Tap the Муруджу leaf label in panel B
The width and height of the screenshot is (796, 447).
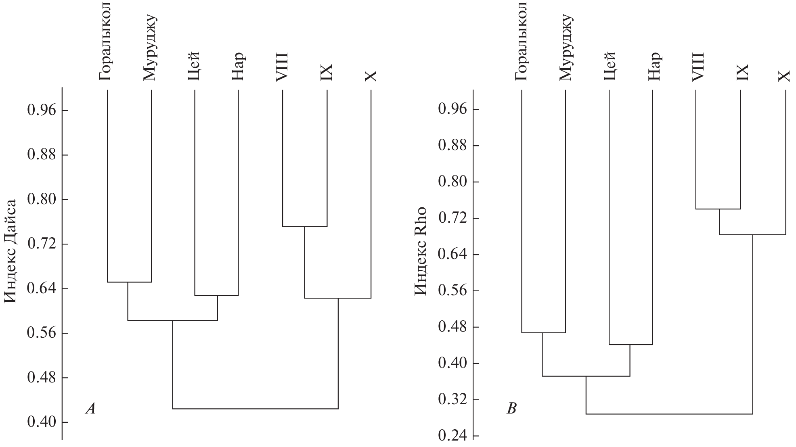click(566, 47)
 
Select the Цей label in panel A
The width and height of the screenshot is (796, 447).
click(194, 66)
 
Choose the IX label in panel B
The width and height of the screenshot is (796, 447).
click(742, 72)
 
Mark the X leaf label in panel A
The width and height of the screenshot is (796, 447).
click(371, 76)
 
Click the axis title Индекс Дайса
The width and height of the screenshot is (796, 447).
click(10, 251)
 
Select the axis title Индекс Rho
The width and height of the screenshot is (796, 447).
click(421, 251)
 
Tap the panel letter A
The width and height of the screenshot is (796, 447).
click(91, 409)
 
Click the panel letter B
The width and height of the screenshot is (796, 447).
click(511, 409)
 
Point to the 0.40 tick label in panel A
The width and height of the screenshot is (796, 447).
click(41, 422)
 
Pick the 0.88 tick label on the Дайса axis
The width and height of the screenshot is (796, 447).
click(41, 155)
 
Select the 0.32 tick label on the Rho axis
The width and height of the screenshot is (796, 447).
click(452, 400)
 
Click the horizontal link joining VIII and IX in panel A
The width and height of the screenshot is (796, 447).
click(304, 227)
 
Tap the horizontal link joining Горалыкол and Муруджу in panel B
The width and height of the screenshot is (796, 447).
click(543, 333)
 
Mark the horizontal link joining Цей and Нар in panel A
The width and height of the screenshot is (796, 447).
click(216, 296)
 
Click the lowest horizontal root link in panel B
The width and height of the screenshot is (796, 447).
click(669, 414)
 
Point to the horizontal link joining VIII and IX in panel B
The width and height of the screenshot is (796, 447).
click(718, 209)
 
